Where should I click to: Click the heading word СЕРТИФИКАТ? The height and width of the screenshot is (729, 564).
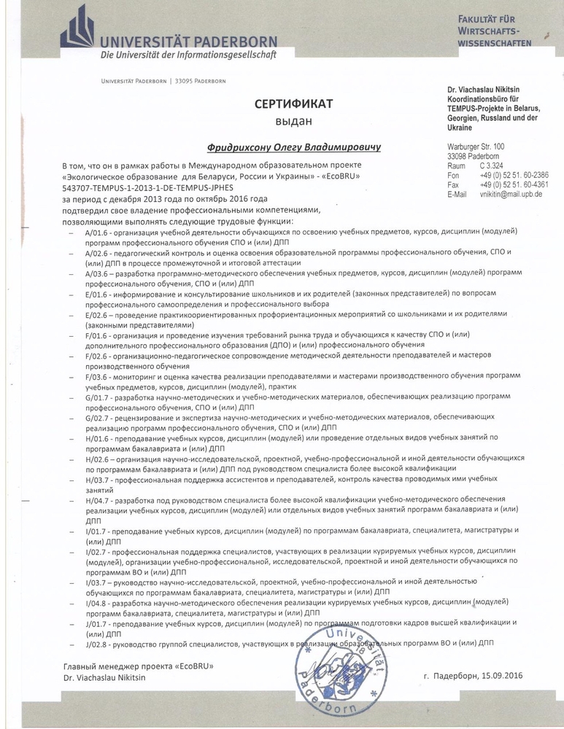[293, 104]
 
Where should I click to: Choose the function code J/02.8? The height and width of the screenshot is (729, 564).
[99, 643]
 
